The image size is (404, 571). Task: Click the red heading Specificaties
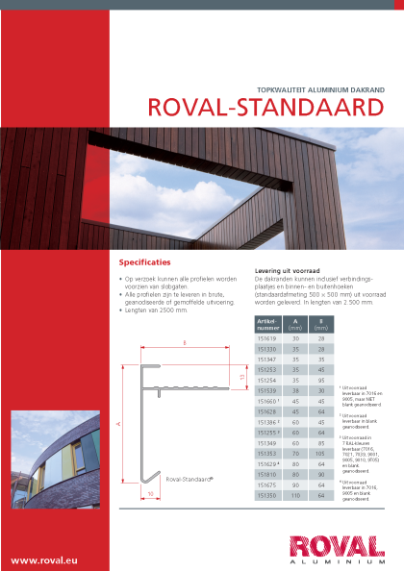[144, 261]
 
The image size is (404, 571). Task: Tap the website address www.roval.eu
[44, 559]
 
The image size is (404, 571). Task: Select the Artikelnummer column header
[267, 324]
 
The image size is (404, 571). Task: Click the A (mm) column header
[296, 324]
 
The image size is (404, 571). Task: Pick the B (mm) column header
[321, 324]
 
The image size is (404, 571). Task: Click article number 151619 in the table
[267, 338]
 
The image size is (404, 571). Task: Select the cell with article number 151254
[267, 380]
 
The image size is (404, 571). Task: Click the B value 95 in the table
[321, 380]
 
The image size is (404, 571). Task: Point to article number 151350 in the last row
[267, 495]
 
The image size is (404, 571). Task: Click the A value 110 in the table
[296, 495]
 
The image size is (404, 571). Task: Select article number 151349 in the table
[267, 441]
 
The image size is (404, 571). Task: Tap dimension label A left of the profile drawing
[117, 422]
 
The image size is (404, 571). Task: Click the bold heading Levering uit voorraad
[287, 271]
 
